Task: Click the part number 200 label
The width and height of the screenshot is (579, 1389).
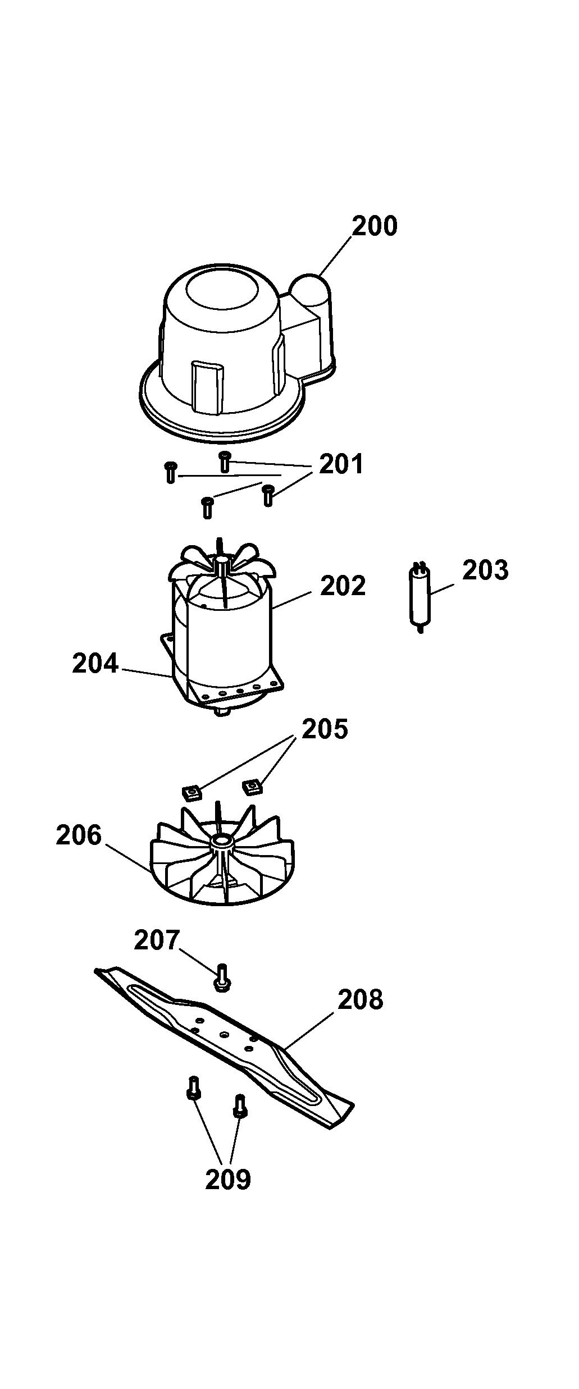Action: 375,226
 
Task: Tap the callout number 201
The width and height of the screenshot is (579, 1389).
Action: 341,464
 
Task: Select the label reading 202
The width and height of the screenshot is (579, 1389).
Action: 343,586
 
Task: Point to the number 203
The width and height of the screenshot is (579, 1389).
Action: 485,570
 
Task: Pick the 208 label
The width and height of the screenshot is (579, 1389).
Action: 361,999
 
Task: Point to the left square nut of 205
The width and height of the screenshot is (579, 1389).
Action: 192,792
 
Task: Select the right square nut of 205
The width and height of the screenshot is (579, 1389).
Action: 253,785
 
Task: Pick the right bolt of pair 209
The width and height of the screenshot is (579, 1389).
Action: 240,1106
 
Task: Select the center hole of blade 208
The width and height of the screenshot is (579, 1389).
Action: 224,1034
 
